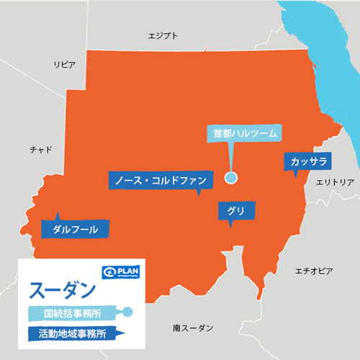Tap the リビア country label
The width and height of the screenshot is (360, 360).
(64, 65)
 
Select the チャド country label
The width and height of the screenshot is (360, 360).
(41, 149)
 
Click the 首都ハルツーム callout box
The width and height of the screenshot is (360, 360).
(245, 133)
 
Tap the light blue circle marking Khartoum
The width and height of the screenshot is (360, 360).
(231, 178)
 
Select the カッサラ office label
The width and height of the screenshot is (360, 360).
(309, 161)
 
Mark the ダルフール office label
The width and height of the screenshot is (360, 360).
(76, 229)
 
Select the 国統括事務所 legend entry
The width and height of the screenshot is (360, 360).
(72, 313)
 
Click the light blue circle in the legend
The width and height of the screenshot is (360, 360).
(127, 312)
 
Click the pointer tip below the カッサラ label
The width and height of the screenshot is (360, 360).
(294, 175)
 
